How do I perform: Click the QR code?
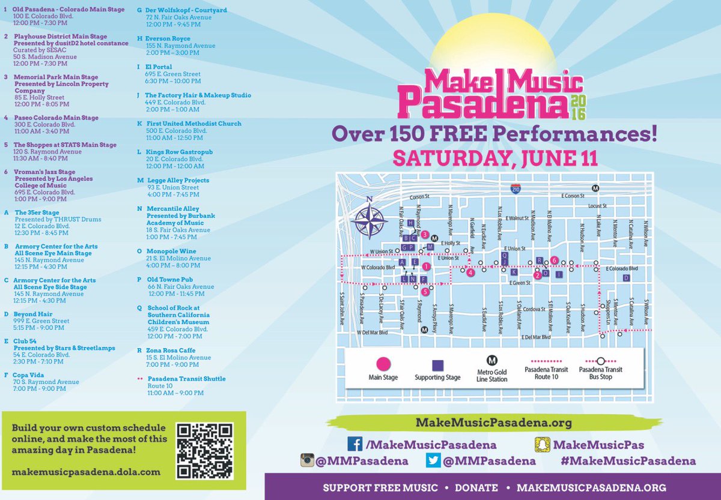[x=204, y=451]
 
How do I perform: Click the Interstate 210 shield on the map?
[x=516, y=188]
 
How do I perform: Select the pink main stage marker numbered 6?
[x=555, y=261]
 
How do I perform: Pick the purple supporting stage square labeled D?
[x=625, y=278]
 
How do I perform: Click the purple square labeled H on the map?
[x=410, y=223]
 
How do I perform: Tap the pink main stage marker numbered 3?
[x=425, y=235]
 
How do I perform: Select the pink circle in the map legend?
[x=383, y=364]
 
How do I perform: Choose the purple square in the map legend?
[x=437, y=365]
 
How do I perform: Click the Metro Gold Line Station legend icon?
[x=492, y=360]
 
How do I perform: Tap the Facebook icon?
[x=355, y=445]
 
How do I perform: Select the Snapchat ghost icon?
[x=543, y=445]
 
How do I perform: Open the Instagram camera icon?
[x=308, y=461]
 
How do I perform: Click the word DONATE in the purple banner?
[x=476, y=488]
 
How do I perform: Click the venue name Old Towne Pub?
[x=169, y=279]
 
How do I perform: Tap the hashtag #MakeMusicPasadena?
[x=628, y=461]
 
